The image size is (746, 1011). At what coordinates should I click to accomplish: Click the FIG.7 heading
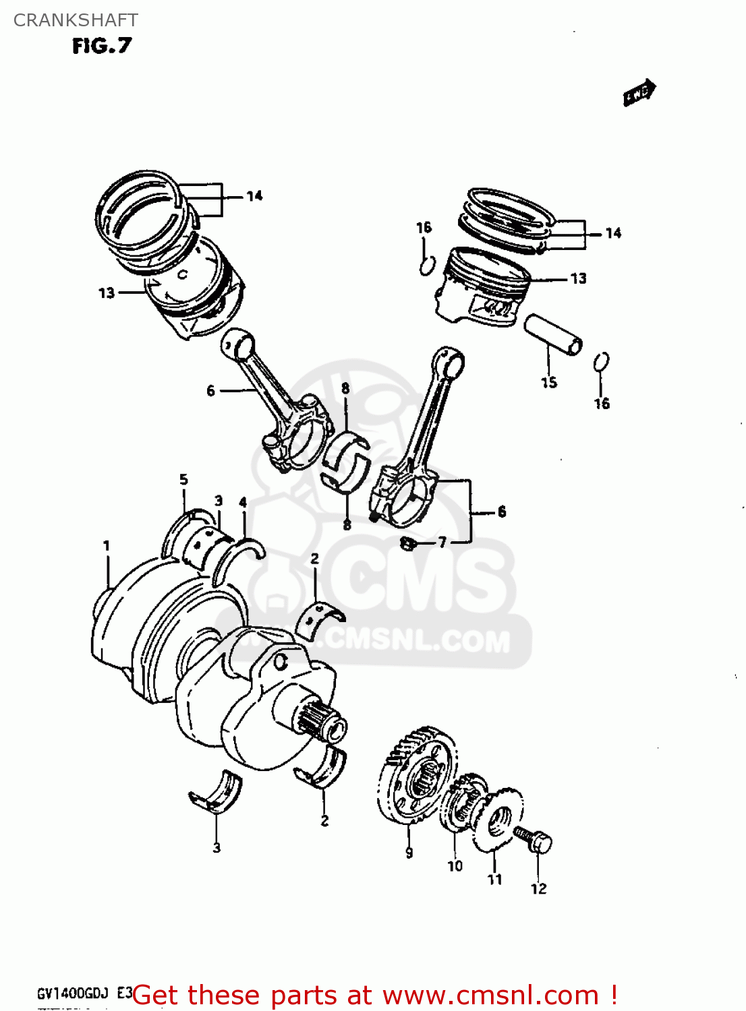pyautogui.click(x=102, y=46)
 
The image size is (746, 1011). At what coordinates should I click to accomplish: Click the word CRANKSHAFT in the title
pyautogui.click(x=76, y=20)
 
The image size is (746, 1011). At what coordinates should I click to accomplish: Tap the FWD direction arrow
pyautogui.click(x=639, y=93)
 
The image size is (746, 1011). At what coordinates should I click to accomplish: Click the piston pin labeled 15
pyautogui.click(x=553, y=335)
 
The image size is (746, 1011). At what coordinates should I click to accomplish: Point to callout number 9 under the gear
pyautogui.click(x=409, y=853)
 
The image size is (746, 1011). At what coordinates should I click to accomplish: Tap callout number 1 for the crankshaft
pyautogui.click(x=107, y=545)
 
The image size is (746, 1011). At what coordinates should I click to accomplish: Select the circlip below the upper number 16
pyautogui.click(x=426, y=266)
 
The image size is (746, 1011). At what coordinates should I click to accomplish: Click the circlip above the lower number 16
pyautogui.click(x=602, y=362)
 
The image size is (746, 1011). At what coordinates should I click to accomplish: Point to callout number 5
pyautogui.click(x=183, y=480)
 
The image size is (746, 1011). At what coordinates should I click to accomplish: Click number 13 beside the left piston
pyautogui.click(x=107, y=293)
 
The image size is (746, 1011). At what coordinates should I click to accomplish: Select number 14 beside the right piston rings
pyautogui.click(x=612, y=233)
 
